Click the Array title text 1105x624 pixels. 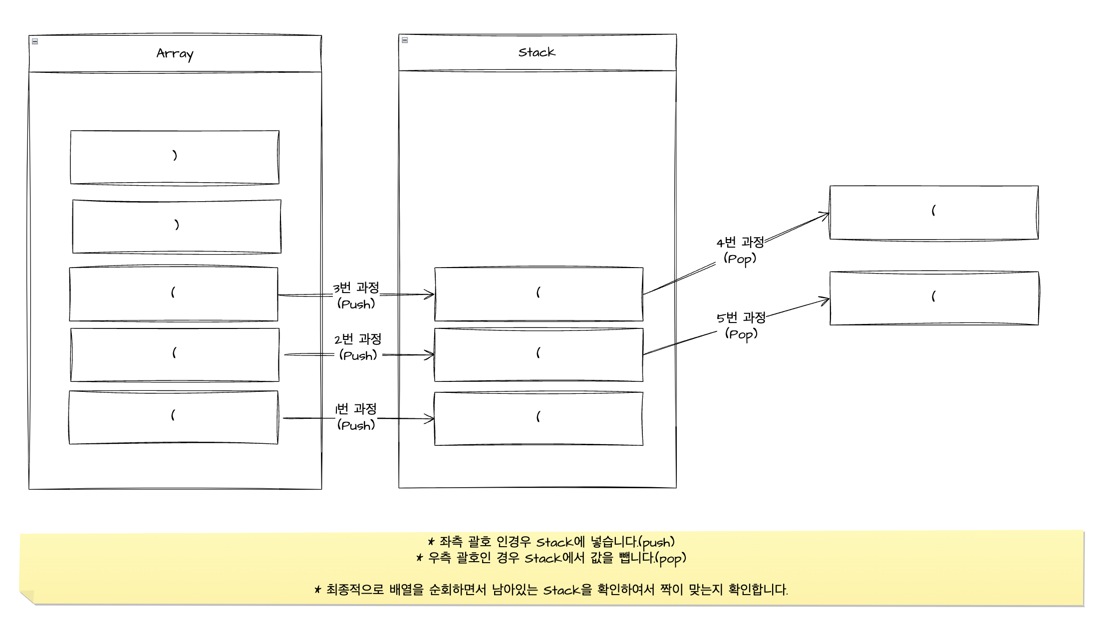tap(175, 53)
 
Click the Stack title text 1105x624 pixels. tap(537, 52)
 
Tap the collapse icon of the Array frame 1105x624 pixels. tap(35, 41)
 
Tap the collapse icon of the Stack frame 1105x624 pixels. tap(405, 40)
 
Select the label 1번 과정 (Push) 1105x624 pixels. tap(356, 417)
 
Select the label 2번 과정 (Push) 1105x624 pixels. tap(358, 347)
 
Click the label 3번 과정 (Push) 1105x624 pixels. tap(356, 296)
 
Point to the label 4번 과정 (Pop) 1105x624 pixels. tap(740, 250)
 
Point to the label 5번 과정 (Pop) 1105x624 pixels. tap(741, 325)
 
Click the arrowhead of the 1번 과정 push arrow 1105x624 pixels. tap(430, 418)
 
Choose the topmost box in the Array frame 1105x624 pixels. tap(175, 157)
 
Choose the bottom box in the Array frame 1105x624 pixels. tap(173, 417)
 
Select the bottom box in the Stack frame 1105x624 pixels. tap(539, 418)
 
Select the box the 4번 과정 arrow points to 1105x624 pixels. tap(934, 213)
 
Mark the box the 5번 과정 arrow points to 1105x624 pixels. tap(934, 298)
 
